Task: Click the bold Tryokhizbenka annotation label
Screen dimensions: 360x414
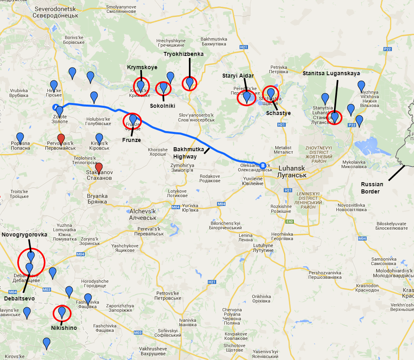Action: (x=183, y=54)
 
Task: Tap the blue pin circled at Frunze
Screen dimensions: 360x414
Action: (x=133, y=120)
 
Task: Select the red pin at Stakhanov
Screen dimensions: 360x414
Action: (x=99, y=168)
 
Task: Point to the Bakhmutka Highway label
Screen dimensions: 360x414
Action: (x=185, y=153)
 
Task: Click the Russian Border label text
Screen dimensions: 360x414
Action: (x=372, y=188)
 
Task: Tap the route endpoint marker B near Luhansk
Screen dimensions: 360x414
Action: (x=263, y=165)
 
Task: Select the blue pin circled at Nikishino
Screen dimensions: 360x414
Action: (x=62, y=312)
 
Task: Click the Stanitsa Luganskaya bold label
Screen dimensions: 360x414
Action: (x=331, y=74)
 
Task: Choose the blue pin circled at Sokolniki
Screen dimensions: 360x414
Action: (x=164, y=87)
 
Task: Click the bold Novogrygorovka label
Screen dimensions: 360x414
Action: (x=24, y=235)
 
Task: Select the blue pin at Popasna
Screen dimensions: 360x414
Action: (x=20, y=138)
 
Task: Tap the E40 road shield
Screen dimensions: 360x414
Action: (x=290, y=221)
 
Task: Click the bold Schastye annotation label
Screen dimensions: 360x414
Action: (x=278, y=113)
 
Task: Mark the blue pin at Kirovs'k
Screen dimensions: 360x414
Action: (x=99, y=139)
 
